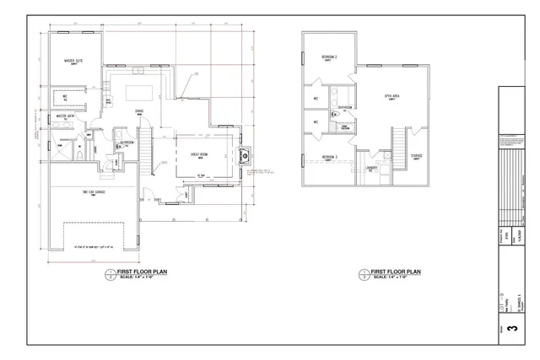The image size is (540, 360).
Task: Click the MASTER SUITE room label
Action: click(x=73, y=62)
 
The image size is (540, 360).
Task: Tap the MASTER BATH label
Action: click(x=67, y=116)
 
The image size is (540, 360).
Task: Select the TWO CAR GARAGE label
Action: click(x=94, y=192)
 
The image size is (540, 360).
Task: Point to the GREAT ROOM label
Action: click(x=201, y=154)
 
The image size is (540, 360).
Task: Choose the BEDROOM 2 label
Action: click(x=329, y=57)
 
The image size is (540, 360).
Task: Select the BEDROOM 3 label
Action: click(x=329, y=157)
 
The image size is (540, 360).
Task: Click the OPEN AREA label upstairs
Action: click(x=391, y=97)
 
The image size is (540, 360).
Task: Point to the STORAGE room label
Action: click(x=417, y=156)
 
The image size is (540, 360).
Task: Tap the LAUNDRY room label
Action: click(x=371, y=168)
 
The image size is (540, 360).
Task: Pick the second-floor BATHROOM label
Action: click(x=346, y=108)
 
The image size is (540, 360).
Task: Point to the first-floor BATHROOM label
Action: click(x=127, y=142)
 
